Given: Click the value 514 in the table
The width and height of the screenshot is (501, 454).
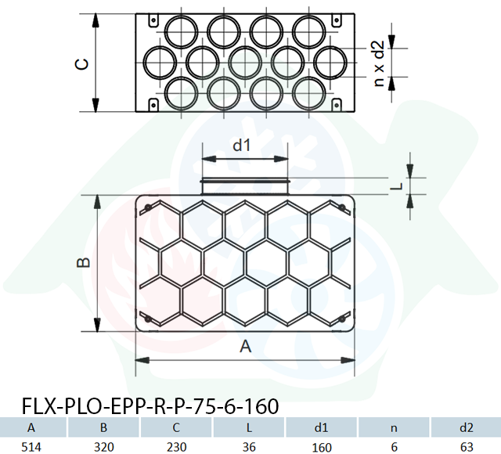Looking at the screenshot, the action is [31, 447].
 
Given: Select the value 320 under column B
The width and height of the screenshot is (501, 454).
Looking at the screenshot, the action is [104, 447].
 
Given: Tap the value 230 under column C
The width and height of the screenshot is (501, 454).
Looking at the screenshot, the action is [176, 447].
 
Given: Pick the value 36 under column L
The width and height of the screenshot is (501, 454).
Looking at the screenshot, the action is [249, 447].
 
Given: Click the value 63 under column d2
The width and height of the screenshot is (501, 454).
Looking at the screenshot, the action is [467, 447].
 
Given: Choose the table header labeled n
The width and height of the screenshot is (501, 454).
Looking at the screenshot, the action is [394, 428].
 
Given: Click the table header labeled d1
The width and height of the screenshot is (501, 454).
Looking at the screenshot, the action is [322, 427].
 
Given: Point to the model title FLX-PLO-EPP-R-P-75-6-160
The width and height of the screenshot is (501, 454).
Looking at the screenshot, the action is [150, 406].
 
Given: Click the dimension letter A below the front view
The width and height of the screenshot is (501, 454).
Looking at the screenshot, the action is [245, 346].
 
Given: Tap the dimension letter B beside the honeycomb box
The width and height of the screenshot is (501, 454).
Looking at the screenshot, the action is [84, 263].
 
